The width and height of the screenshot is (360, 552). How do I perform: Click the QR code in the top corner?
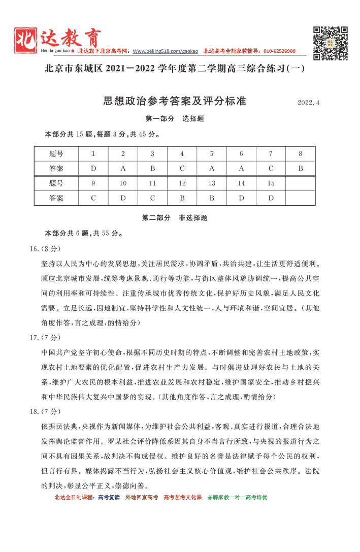330,43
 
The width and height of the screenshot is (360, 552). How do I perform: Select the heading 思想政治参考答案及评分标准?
175,101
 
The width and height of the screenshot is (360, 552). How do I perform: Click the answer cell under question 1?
93,168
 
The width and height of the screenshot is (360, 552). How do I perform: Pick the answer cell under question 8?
300,168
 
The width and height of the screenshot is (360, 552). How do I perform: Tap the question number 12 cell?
182,183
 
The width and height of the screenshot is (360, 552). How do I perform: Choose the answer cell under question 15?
271,198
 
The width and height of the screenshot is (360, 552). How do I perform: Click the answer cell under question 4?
182,168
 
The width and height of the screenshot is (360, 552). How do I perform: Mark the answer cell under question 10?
123,198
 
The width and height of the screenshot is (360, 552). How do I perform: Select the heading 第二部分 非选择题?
175,218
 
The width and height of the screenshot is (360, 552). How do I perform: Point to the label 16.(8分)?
45,249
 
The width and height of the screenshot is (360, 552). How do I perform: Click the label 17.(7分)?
45,337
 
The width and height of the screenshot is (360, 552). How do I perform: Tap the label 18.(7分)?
45,411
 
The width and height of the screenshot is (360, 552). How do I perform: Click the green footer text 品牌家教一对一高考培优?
237,497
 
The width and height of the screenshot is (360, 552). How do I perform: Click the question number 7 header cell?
271,154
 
